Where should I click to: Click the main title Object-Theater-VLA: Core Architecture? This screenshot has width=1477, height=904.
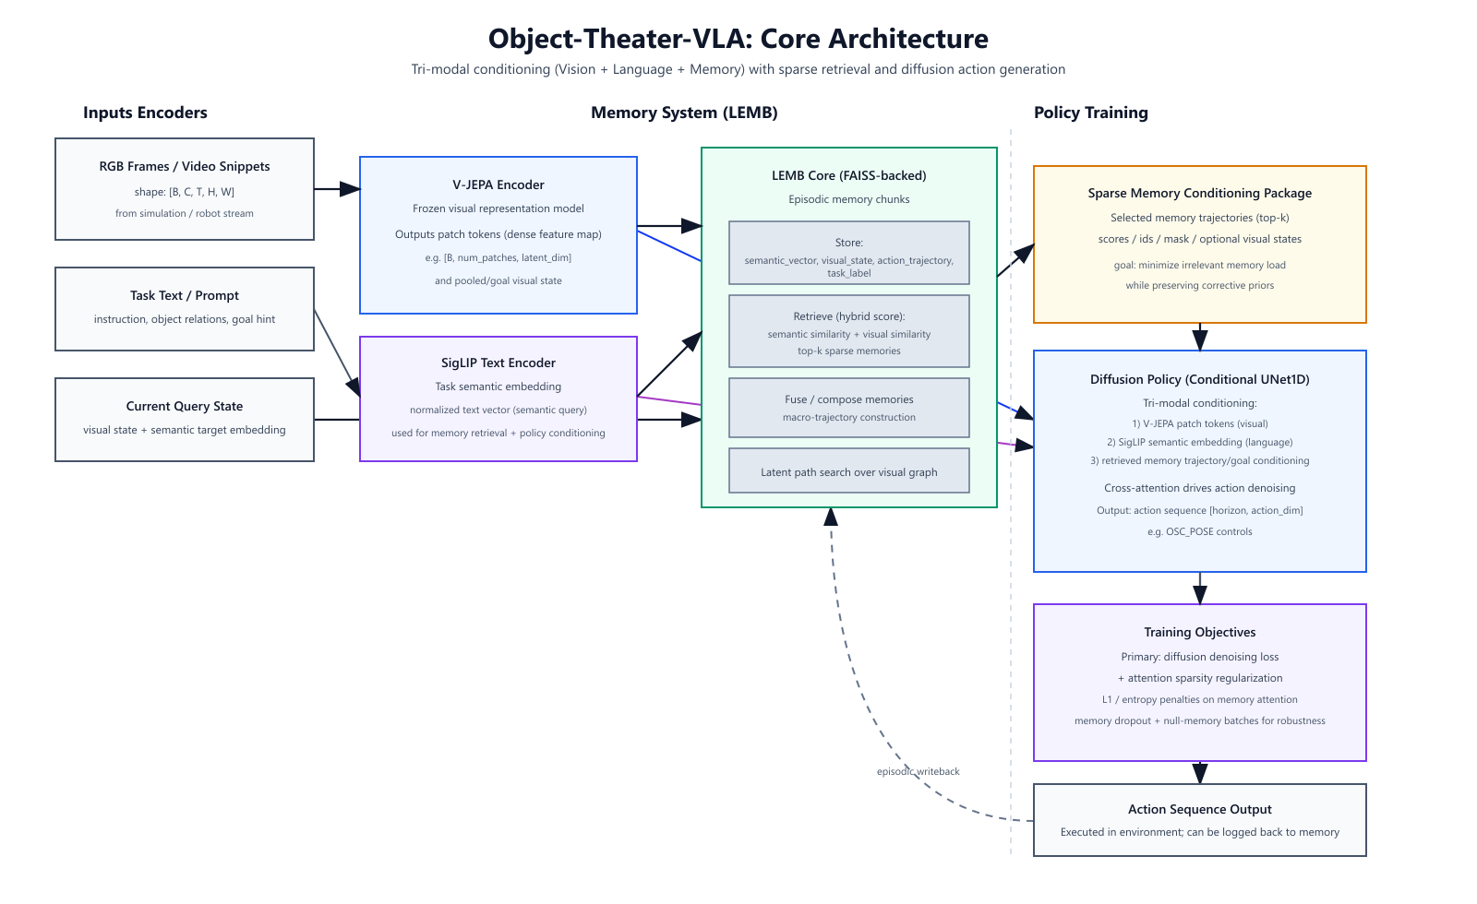point(738,39)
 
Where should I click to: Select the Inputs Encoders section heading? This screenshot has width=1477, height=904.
point(145,113)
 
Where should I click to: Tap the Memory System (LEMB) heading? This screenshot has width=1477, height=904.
point(684,113)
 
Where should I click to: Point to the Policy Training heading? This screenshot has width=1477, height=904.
point(1090,113)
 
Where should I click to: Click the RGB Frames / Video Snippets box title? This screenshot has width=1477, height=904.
point(185,166)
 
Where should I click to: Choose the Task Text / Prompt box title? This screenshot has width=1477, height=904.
point(185,295)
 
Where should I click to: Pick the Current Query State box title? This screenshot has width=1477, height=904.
point(185,406)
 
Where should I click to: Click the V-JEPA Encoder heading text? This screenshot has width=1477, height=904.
point(498,184)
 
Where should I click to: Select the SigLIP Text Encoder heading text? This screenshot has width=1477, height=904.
point(498,363)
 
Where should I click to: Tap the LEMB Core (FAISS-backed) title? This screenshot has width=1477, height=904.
point(848,175)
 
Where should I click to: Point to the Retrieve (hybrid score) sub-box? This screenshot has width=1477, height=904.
point(848,331)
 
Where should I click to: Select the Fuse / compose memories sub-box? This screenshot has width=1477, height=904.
point(848,407)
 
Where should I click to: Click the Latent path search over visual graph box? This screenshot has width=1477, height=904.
point(848,471)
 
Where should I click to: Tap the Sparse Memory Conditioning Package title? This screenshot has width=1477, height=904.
point(1199,193)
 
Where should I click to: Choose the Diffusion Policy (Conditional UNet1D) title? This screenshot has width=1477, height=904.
point(1199,379)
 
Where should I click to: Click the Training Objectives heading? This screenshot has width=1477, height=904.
point(1199,632)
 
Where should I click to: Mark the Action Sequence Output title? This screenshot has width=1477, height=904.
point(1199,809)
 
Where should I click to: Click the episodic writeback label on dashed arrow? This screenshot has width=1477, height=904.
point(918,771)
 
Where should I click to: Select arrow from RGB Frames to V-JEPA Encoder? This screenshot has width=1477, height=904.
point(337,189)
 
